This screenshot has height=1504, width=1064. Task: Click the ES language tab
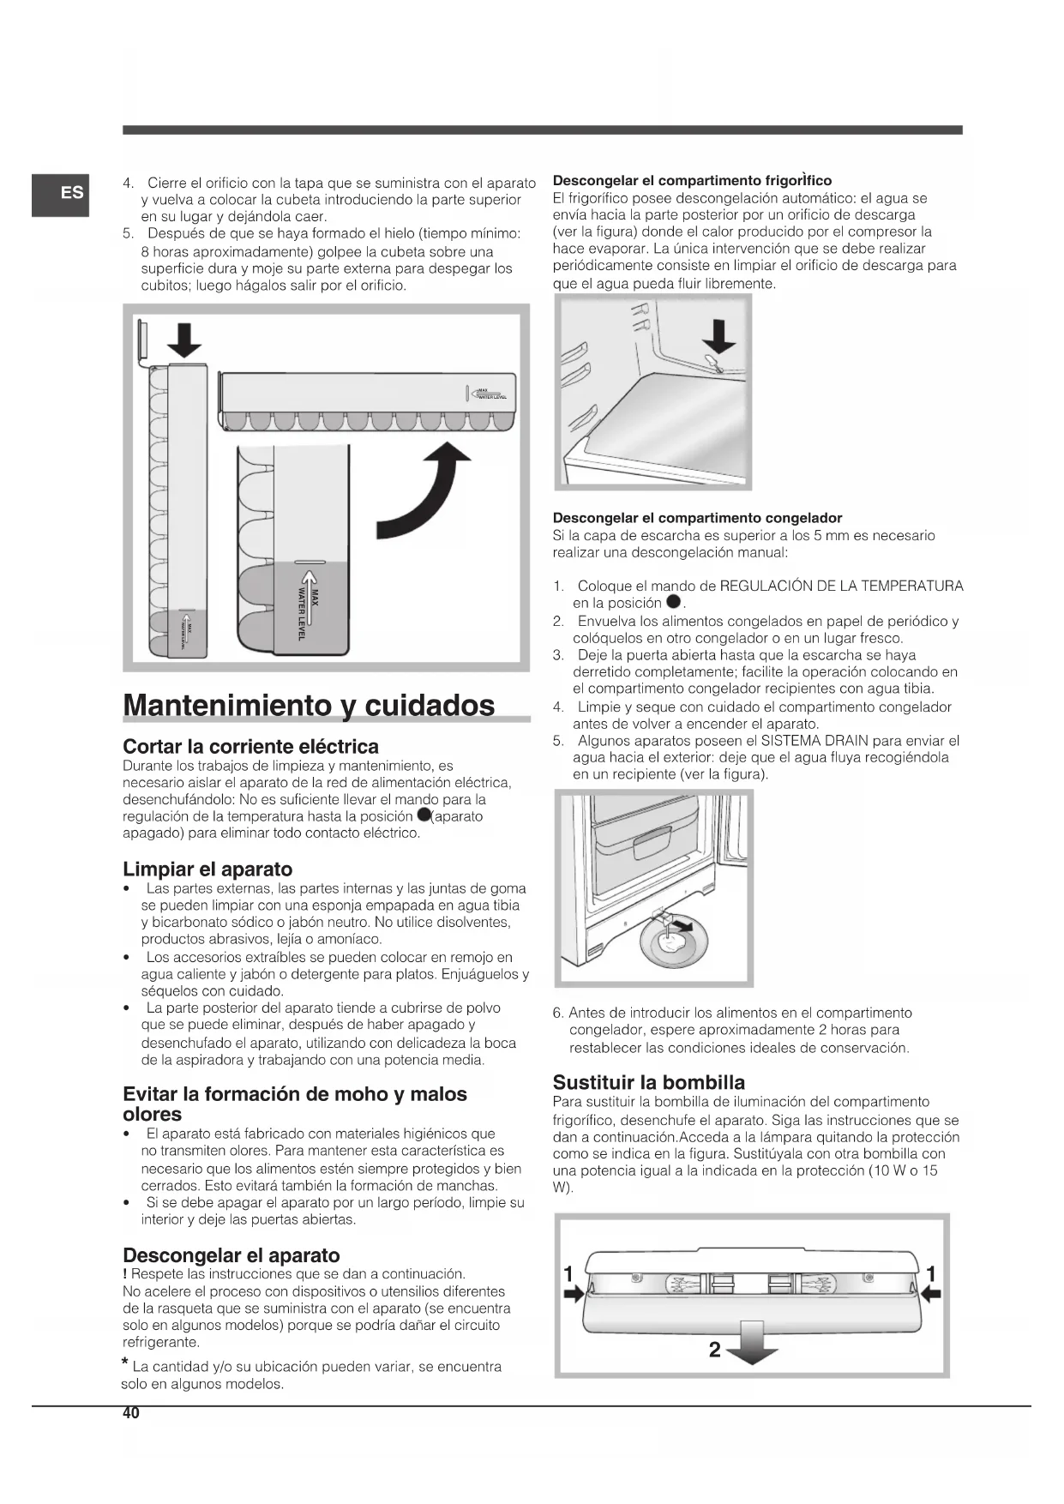tap(61, 194)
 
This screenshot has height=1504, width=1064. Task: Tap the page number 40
tap(130, 1414)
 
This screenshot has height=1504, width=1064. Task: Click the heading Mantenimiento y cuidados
tap(309, 705)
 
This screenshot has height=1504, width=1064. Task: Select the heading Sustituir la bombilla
tap(648, 1082)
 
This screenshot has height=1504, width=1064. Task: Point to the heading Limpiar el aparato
tap(207, 869)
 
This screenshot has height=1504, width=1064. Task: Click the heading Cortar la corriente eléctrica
tap(250, 746)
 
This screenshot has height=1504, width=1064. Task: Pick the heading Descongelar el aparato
tap(231, 1255)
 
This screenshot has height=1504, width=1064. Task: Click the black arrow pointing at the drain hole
tap(718, 336)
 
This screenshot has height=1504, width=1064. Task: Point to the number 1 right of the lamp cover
tap(931, 1272)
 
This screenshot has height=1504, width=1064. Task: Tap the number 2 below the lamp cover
tap(715, 1350)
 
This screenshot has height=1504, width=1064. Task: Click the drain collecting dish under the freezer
tap(671, 945)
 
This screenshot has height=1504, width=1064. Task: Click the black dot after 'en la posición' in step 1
tap(673, 604)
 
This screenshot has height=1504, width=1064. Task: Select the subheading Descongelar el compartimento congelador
tap(697, 518)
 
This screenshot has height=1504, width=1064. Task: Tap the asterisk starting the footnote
tap(126, 1363)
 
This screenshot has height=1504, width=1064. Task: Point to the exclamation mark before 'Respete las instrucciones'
tap(125, 1274)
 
